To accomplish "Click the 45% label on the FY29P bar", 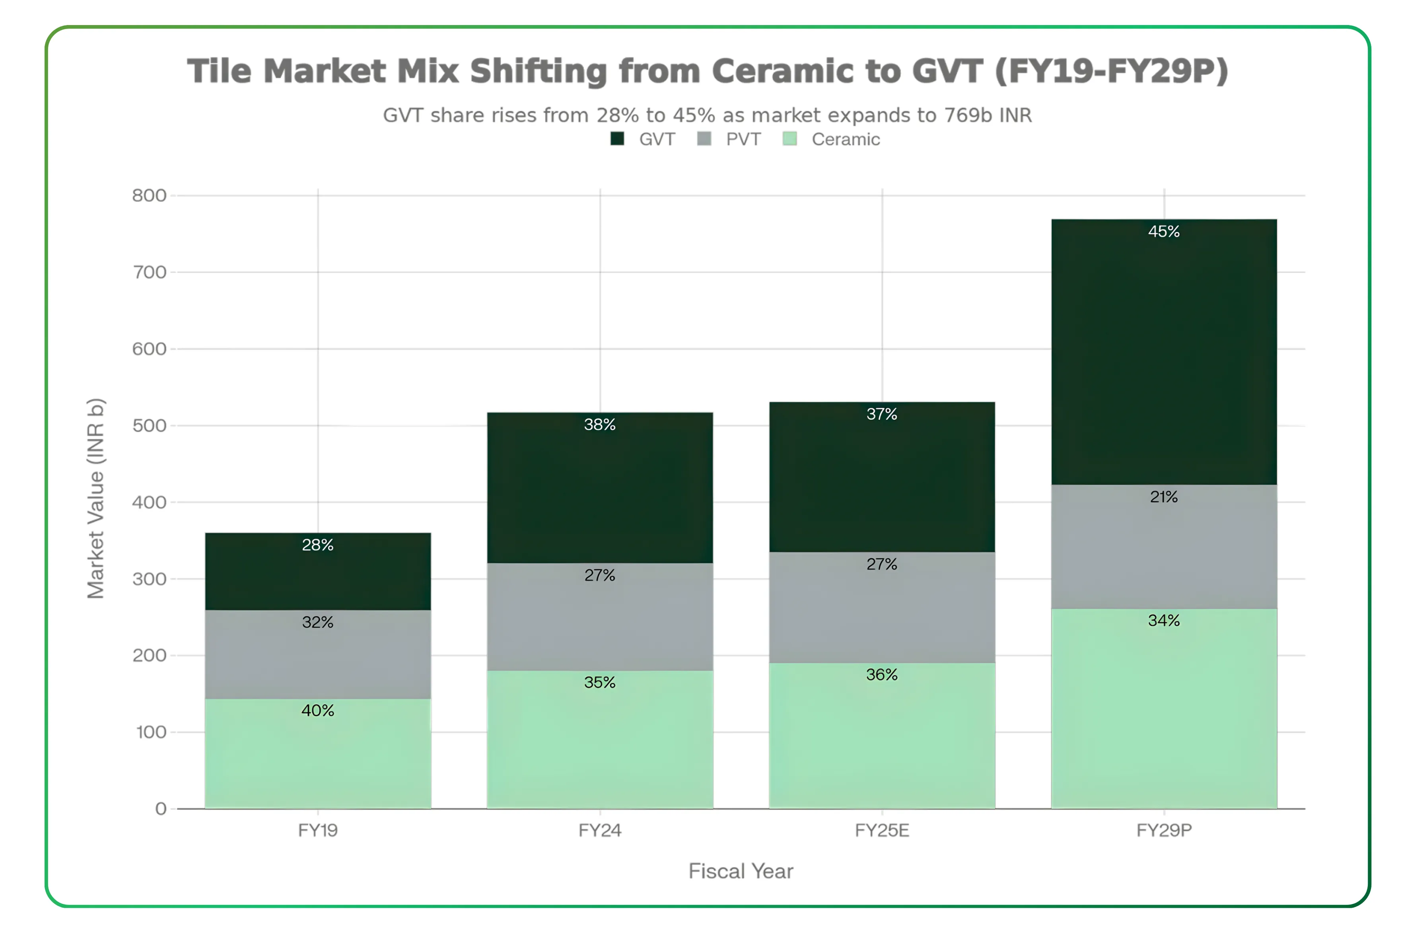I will (x=1163, y=231).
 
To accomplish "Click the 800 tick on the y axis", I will (x=149, y=196).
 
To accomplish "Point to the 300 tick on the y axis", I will (x=149, y=579).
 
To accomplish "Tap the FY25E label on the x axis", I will (x=882, y=830).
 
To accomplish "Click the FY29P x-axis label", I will (x=1163, y=830).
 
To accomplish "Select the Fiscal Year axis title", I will (x=741, y=871).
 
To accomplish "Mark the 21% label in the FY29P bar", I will (x=1163, y=497).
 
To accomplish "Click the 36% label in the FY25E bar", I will (x=882, y=674).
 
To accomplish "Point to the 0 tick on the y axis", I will (x=160, y=808).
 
